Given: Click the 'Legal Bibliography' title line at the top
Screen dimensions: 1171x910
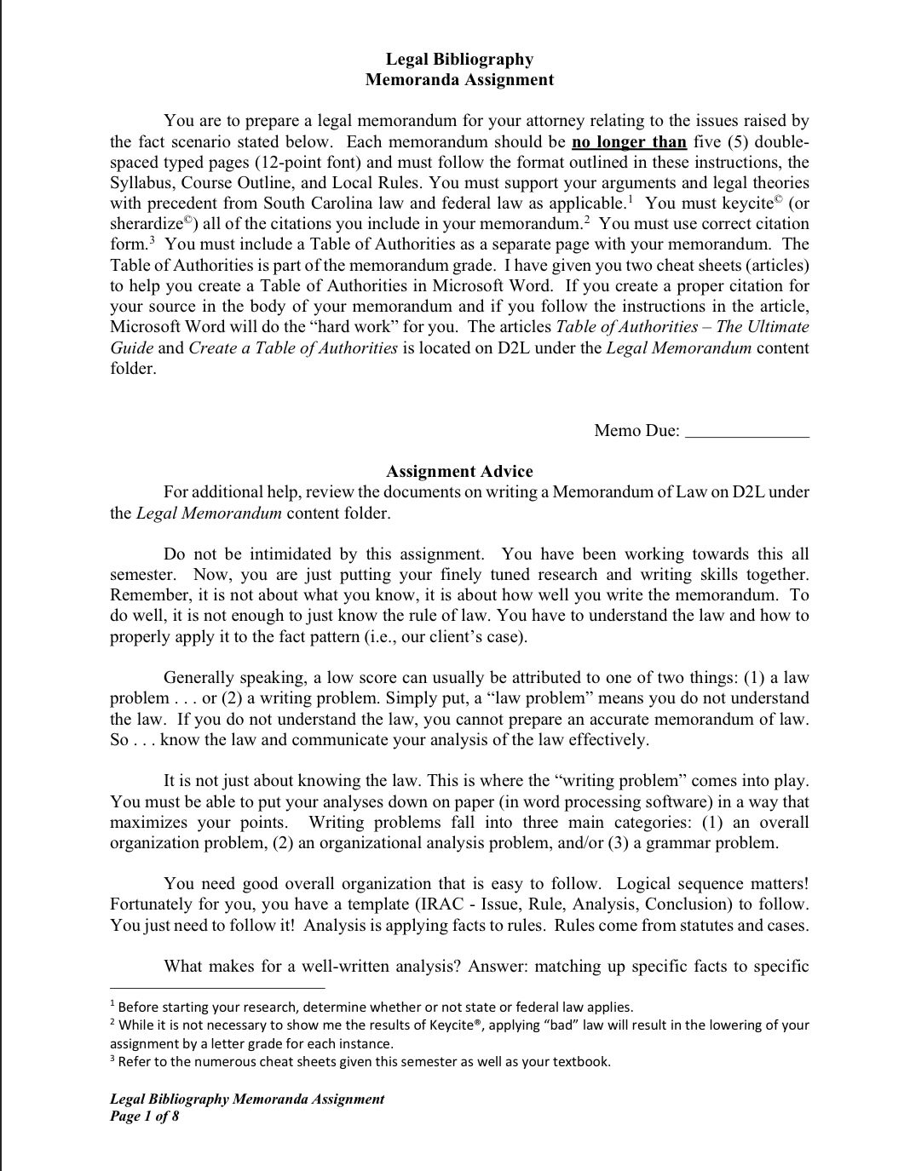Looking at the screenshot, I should tap(459, 59).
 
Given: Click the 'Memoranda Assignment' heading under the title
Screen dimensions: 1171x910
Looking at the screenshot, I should tap(459, 79).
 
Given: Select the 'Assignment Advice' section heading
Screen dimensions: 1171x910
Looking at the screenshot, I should tap(459, 471).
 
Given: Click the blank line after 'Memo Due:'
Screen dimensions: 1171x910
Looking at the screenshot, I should tap(747, 431).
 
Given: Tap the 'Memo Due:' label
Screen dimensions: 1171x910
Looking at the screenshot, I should tap(636, 430).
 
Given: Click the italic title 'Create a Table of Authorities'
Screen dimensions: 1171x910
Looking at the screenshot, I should tap(293, 347).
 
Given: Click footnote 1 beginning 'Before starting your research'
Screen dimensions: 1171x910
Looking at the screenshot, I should tap(375, 1007).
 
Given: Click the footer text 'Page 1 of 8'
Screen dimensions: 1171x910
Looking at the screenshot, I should tap(145, 1116).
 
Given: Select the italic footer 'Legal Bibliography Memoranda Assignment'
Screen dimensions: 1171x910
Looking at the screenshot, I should tap(247, 1099).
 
